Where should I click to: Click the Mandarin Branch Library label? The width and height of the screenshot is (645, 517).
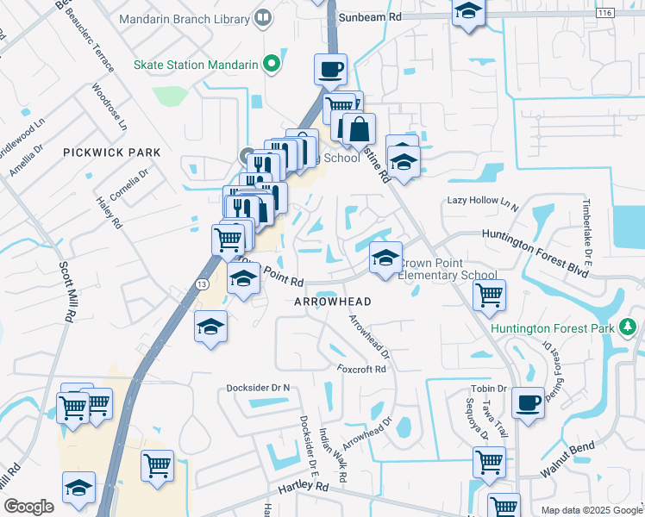182,17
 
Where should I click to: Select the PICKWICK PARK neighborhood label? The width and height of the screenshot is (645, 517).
112,152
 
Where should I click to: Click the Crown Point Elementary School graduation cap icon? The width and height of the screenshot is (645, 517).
385,257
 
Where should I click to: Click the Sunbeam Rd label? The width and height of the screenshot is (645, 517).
370,16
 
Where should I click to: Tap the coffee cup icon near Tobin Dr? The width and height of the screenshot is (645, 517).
528,402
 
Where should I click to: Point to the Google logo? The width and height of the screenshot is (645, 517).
28,506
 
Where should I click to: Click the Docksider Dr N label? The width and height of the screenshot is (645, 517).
258,388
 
